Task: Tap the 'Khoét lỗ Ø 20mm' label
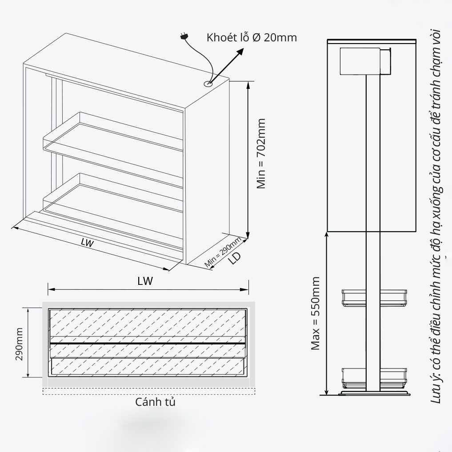252,37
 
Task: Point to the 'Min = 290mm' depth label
223,252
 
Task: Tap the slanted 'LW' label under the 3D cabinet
88,243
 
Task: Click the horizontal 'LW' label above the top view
145,281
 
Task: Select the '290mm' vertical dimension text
19,344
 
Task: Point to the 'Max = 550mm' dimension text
315,313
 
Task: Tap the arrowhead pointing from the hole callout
240,52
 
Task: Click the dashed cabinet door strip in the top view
149,391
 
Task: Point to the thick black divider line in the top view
147,344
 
